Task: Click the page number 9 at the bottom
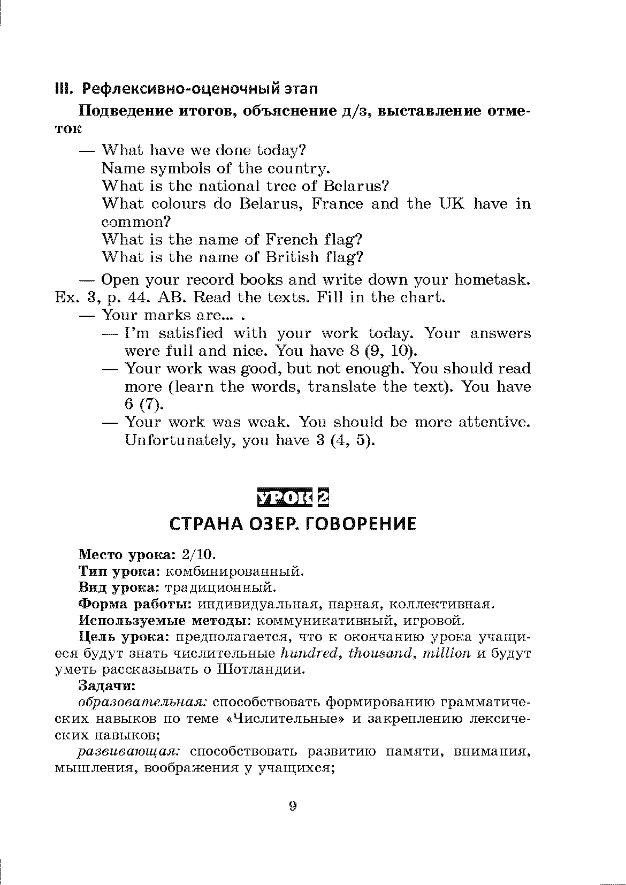tap(292, 806)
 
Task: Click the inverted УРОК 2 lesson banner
tap(292, 498)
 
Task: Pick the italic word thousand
tap(381, 653)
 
